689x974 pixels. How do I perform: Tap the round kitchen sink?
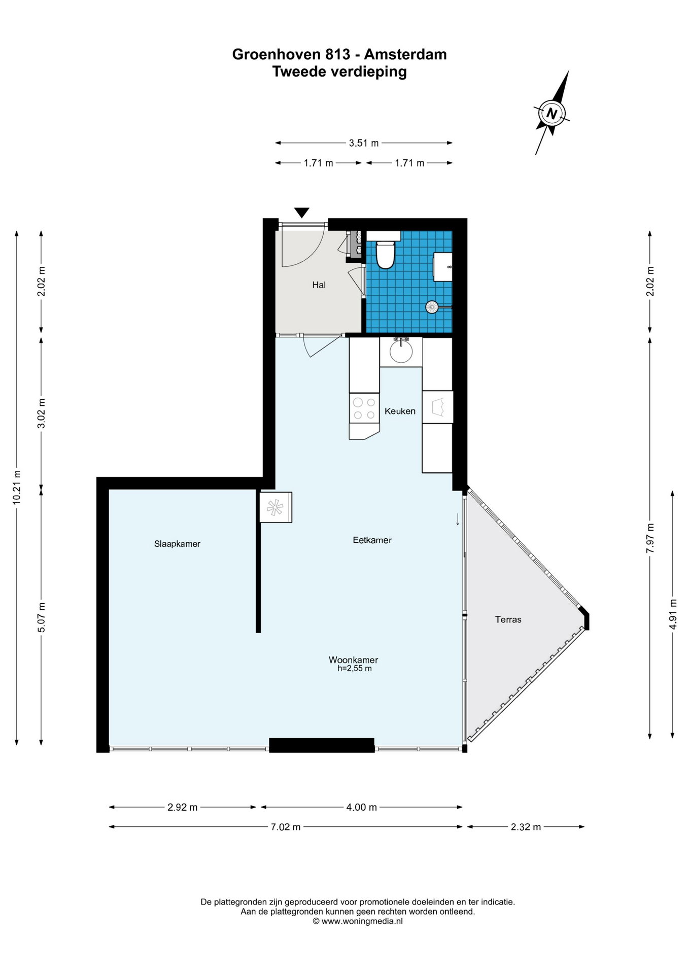[x=401, y=351]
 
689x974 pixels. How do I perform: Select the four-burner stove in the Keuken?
[x=364, y=408]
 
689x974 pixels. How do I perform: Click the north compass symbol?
[x=552, y=113]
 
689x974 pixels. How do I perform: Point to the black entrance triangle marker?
[x=302, y=213]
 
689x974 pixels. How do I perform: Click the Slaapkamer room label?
[x=177, y=544]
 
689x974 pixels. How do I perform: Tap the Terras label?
[x=508, y=619]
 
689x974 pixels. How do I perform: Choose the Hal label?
[x=319, y=285]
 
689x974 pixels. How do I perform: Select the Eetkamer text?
[x=372, y=540]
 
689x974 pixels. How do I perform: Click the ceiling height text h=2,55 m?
[x=355, y=669]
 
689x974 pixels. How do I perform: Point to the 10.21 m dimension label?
[x=17, y=487]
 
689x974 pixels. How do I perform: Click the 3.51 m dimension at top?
[x=364, y=143]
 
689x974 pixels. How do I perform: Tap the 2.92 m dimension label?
[x=183, y=807]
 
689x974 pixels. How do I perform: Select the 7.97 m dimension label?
[x=650, y=540]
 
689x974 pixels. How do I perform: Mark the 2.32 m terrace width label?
[x=526, y=827]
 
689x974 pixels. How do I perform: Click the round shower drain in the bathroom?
[x=432, y=306]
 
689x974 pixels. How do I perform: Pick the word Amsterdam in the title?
[x=405, y=54]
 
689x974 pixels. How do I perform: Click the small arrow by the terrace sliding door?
[x=458, y=519]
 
